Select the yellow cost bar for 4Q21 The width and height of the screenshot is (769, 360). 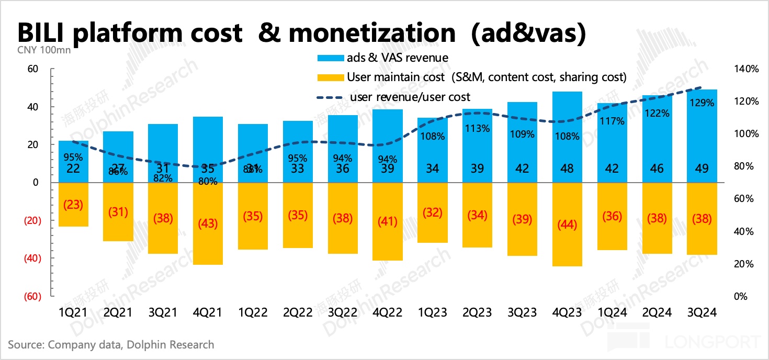208,223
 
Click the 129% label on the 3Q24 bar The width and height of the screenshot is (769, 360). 702,103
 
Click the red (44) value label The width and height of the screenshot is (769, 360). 567,224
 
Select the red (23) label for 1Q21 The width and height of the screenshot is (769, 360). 73,205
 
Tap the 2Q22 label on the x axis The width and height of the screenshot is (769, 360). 297,313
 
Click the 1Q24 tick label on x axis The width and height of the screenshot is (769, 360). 612,313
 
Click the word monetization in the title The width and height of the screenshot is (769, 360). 372,33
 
